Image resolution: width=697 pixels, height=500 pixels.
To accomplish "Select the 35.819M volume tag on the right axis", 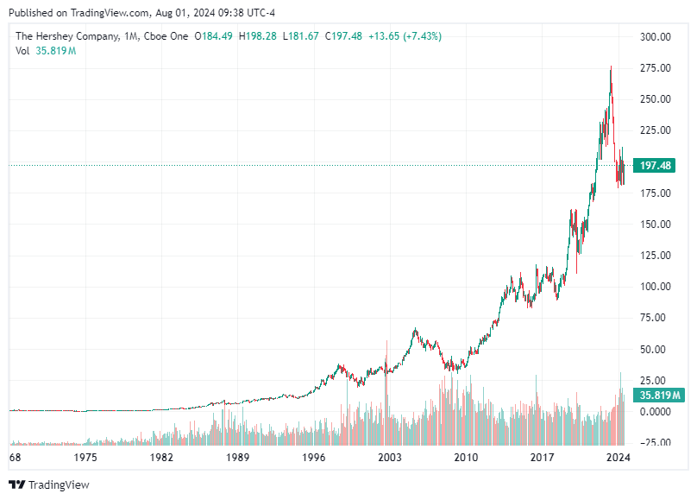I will pos(660,396).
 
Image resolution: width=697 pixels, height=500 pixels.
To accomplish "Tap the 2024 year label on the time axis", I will pos(618,458).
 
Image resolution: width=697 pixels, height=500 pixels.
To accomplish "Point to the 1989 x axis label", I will pos(238,458).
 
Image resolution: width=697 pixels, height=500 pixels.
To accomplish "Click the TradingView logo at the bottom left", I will pos(49,484).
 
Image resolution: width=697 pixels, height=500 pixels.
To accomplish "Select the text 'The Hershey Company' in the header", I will pos(65,36).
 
